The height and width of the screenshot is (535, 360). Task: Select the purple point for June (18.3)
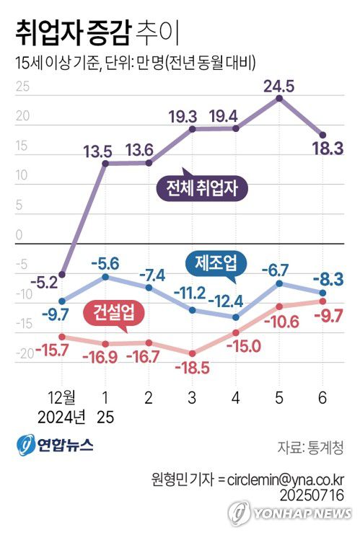pos(322,135)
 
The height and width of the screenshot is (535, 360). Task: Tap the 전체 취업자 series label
pos(206,189)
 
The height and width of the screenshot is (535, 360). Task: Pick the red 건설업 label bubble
pos(114,312)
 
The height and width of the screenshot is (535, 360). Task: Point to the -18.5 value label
pos(192,368)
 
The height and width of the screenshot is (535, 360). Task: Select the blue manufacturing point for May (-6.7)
pos(279,283)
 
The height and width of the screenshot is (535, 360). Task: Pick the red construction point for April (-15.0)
pos(236,332)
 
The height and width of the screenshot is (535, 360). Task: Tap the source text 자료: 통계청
pos(310,446)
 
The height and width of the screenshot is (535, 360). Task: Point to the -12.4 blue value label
pos(235,299)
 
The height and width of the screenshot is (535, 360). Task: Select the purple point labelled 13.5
pos(105,163)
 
